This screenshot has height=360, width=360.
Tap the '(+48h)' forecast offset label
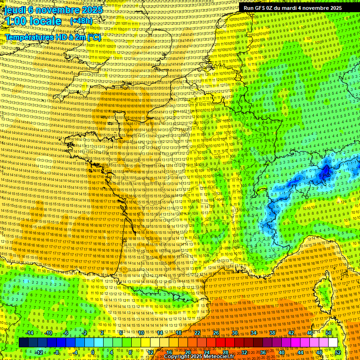(x=81, y=21)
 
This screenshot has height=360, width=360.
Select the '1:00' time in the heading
(x=15, y=22)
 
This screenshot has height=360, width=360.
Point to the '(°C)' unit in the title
(x=93, y=37)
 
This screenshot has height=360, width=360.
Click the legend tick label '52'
(x=337, y=352)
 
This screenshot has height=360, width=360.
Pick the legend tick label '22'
(x=197, y=333)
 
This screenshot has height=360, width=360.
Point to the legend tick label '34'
(x=254, y=333)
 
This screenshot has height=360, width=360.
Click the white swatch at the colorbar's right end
(x=333, y=343)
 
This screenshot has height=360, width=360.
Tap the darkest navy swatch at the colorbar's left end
(x=24, y=343)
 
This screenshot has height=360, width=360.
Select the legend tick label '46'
(x=310, y=333)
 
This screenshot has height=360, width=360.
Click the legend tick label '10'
(x=141, y=333)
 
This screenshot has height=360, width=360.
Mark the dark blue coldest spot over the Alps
(x=326, y=174)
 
